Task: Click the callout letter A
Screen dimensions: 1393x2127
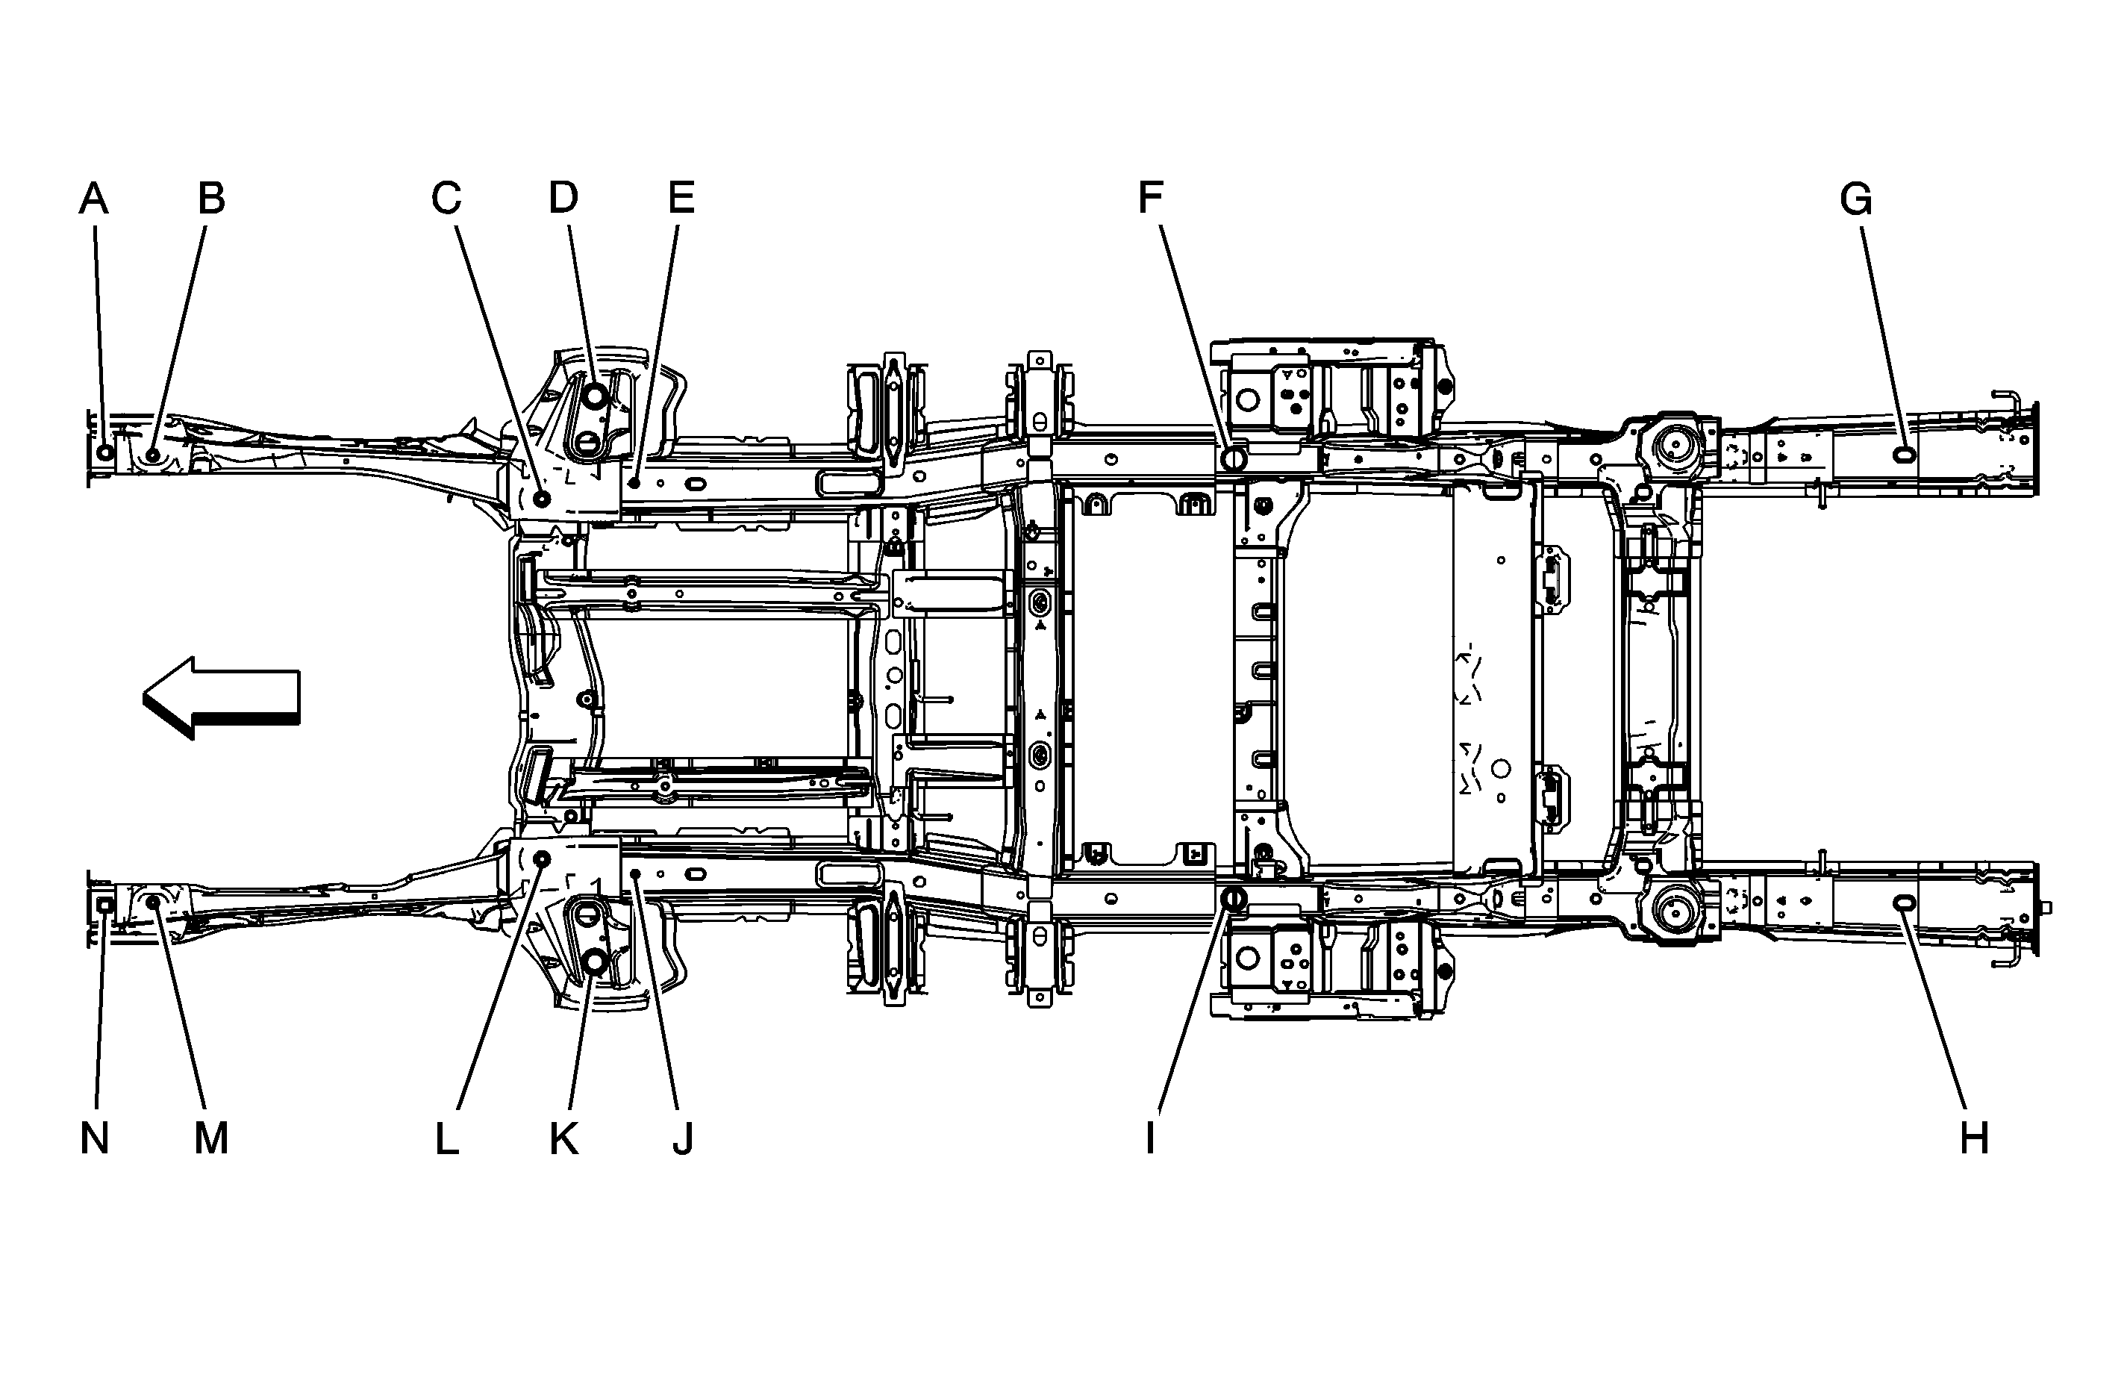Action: pos(94,198)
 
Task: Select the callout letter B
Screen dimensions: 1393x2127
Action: pos(211,198)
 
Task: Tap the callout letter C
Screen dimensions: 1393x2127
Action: pos(446,198)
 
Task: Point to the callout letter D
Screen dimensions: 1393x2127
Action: pos(563,198)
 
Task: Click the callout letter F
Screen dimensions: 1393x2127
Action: pos(1151,198)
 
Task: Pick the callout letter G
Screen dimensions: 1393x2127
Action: pos(1856,199)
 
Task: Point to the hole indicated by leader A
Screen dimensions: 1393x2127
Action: pos(105,452)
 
